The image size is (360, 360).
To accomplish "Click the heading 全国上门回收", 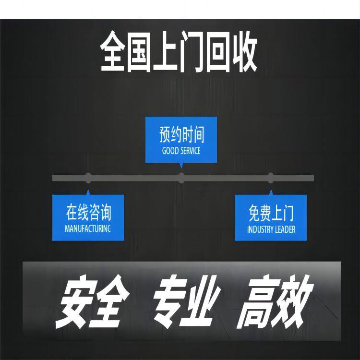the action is pos(179,51).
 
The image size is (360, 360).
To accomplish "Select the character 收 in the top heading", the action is pos(244,52).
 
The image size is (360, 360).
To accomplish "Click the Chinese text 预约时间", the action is pos(181,134).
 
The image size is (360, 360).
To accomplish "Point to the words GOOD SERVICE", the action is pos(181,151).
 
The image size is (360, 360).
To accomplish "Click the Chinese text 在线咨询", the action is pos(89,212).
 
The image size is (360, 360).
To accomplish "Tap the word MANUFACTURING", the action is pos(88,228).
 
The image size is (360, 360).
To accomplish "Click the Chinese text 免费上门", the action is pos(271,213).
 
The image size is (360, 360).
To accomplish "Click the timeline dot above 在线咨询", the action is pos(88,178).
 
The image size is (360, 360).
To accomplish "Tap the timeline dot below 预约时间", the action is pos(181,178).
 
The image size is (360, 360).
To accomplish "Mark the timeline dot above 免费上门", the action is pos(271,178).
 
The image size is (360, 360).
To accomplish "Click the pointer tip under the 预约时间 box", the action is pos(181,168).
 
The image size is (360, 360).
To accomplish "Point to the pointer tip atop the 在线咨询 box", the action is pos(88,190).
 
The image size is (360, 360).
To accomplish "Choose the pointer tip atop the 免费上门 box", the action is pos(271,190).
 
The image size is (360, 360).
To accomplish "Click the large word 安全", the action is pos(92,301).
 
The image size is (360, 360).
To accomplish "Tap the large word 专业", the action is pos(186,301).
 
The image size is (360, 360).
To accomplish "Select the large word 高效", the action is pos(275,302).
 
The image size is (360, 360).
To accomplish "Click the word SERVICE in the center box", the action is pos(190,151).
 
